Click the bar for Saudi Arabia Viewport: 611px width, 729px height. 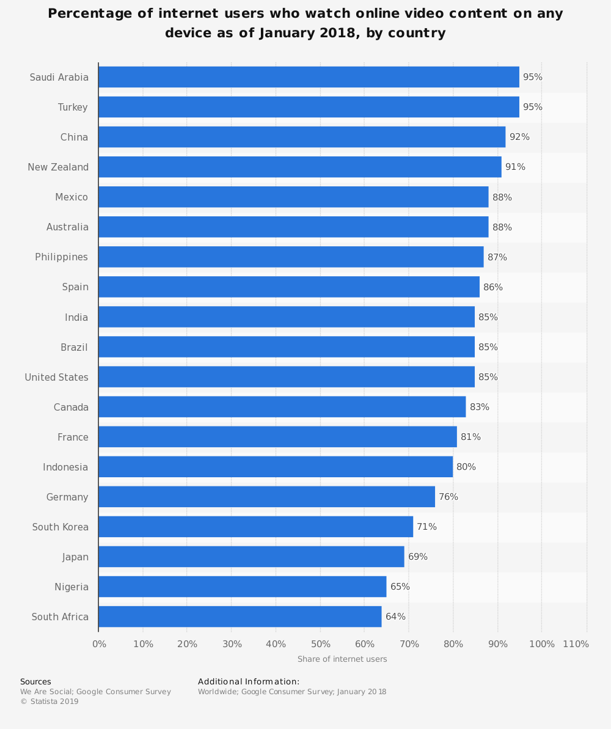coord(309,77)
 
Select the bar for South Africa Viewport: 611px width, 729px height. coord(240,617)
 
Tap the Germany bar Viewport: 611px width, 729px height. coord(266,497)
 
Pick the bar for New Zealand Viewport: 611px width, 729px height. coord(299,167)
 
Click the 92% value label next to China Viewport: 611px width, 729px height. coord(519,137)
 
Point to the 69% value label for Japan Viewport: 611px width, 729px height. coord(418,557)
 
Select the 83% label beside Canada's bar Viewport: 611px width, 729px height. coord(480,407)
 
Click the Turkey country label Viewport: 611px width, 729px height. coord(73,107)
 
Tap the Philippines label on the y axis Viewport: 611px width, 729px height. coord(61,257)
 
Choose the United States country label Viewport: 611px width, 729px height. coord(56,377)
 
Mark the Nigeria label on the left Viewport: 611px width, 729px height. coord(71,587)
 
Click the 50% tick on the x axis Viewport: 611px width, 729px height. coord(320,644)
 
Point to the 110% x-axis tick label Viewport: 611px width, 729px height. coord(576,644)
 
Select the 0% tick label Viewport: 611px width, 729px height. coord(99,644)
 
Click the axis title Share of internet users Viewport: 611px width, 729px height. coord(342,659)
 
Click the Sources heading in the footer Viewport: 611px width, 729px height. coord(35,681)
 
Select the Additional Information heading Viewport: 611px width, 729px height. coord(249,681)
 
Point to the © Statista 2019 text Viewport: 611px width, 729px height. coord(49,702)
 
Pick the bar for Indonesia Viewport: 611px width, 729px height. coord(276,467)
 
